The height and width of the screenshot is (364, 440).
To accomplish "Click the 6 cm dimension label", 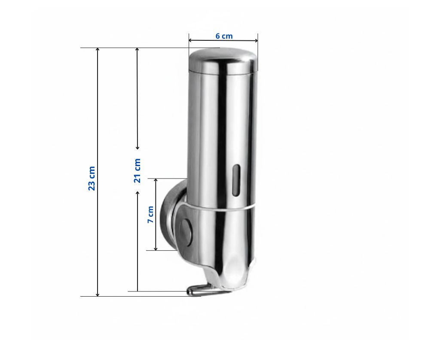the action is pos(224,36).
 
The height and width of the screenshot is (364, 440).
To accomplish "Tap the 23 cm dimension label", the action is pos(92,179).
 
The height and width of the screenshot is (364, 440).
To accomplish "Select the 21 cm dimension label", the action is pos(137,170).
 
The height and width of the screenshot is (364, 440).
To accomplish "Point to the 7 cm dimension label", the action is pos(151,215).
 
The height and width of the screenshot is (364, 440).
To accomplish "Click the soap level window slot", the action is pos(236,180).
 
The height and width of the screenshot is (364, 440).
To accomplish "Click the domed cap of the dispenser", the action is pos(223,60).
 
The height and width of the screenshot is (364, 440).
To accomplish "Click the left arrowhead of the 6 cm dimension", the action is pos(190,40).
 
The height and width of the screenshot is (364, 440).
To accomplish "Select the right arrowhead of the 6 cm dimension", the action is pos(256,40).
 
